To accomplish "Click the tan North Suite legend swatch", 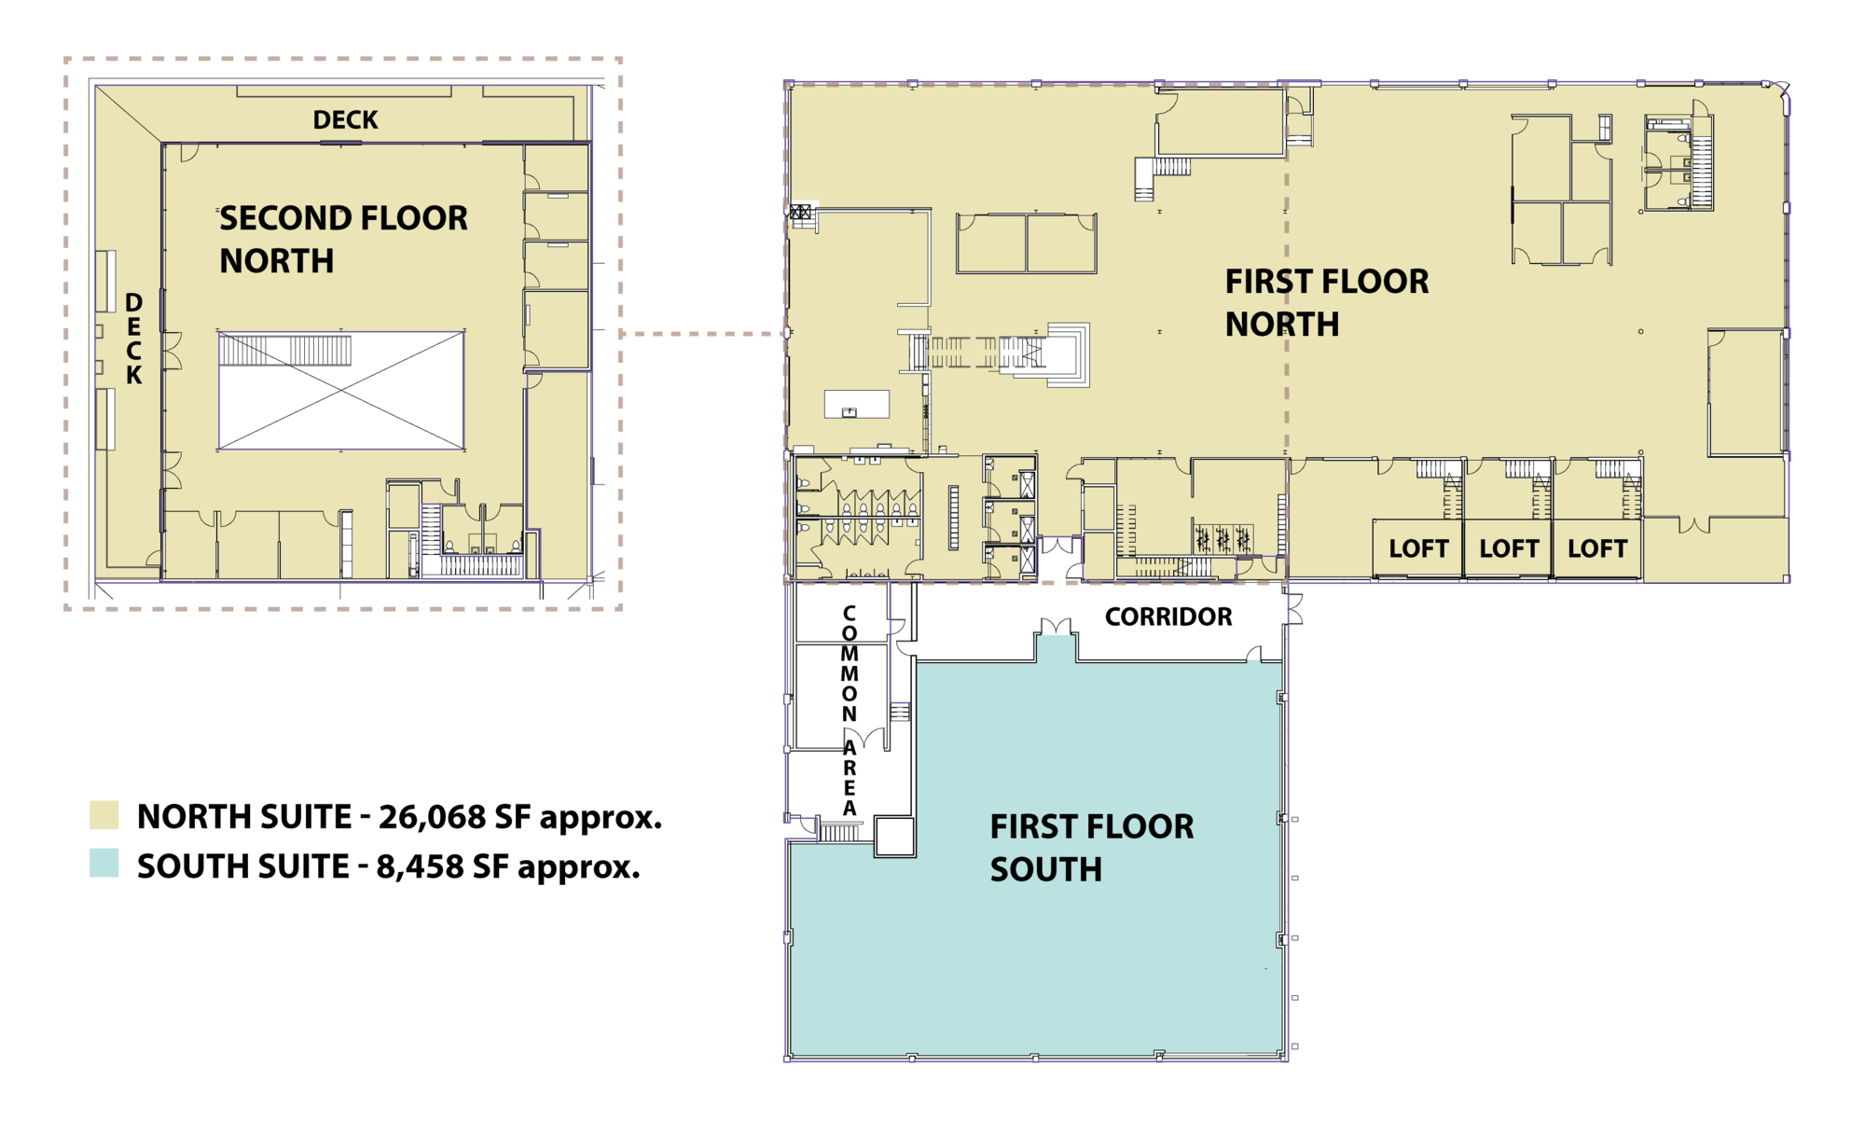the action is [104, 815].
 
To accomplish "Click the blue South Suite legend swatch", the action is [104, 864].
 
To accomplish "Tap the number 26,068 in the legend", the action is [433, 818].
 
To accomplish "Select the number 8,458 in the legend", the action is [420, 867].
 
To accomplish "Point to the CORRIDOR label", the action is [1168, 616].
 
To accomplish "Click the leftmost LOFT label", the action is [1418, 548].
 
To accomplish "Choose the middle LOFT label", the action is [1509, 548].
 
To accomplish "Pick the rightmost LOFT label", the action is [1597, 548].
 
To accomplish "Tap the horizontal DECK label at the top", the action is [345, 119].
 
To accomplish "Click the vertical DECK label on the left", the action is [134, 339].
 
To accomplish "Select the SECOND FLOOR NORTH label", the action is [343, 240].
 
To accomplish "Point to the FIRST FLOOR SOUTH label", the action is [1091, 848].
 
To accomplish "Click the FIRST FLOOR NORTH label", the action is [1326, 302].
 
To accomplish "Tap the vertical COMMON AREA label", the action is [850, 711].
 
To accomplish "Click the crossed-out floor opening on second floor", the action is [341, 390].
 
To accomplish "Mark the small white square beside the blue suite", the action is [895, 837].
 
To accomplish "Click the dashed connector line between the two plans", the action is [702, 334].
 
